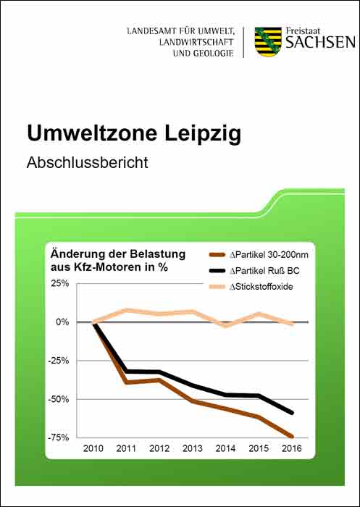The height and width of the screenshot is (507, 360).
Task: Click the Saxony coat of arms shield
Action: [x=268, y=42]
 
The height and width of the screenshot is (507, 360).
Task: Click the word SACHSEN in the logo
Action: [x=320, y=43]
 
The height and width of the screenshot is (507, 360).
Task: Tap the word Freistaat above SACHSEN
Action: [x=303, y=31]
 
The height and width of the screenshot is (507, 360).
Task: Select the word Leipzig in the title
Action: [x=203, y=133]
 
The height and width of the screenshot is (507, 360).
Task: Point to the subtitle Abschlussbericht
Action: [x=88, y=162]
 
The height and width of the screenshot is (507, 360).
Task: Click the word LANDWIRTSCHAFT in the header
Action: [x=196, y=42]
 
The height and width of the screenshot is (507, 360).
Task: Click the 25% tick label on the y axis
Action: [x=61, y=284]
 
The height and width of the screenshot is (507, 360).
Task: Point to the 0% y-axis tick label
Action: [x=63, y=322]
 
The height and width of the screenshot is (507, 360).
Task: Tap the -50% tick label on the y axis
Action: [x=59, y=399]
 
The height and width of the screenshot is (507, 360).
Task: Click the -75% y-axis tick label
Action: [x=59, y=437]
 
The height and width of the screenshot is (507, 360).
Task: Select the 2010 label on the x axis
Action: [x=93, y=448]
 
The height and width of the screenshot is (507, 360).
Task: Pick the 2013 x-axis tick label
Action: [x=193, y=448]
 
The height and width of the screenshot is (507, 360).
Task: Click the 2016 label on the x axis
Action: [x=292, y=448]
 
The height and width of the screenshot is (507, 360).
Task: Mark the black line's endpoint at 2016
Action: [x=292, y=413]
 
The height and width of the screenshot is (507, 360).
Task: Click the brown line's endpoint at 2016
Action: [x=292, y=437]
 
